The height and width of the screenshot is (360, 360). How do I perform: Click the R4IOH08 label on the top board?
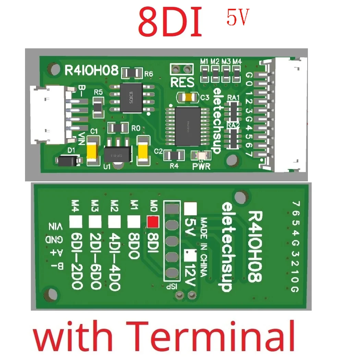click(91, 70)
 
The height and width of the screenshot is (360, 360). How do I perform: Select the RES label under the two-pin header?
click(182, 82)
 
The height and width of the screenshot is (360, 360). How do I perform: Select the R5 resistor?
click(98, 106)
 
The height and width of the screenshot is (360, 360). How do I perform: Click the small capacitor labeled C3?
click(187, 97)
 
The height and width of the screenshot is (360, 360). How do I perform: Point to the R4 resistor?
click(174, 156)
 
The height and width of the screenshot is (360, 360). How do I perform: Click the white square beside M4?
click(75, 222)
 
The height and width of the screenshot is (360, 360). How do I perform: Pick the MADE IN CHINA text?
click(203, 247)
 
